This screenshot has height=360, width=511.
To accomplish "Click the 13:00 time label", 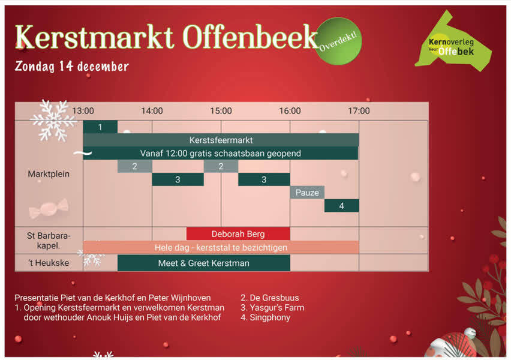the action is (83, 111).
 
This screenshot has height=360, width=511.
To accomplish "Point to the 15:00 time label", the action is (221, 111).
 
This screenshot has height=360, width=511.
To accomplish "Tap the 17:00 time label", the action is (359, 111).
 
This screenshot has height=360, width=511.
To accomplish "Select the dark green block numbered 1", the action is (100, 127).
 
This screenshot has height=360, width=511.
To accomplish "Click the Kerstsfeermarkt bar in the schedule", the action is (221, 140).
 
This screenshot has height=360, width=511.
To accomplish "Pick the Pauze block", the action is (307, 193).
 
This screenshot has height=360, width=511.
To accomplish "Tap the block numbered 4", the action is (341, 206).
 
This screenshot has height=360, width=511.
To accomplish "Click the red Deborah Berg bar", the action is (238, 234).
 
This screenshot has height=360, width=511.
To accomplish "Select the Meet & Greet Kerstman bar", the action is (204, 263).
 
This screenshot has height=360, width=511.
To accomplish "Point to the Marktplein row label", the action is (49, 174).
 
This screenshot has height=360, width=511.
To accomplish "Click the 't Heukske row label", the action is (49, 263).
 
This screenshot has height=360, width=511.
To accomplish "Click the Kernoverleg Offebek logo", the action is (453, 43).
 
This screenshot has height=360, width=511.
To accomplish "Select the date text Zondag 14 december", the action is (72, 67).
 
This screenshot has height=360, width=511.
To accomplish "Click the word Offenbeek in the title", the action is (250, 37).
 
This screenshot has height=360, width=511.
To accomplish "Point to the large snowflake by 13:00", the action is (54, 120).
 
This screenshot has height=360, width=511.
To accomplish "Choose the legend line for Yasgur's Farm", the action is (272, 307).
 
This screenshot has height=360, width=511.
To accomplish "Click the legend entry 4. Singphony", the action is (265, 317).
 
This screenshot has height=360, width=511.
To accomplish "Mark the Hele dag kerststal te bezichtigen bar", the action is (221, 247).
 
